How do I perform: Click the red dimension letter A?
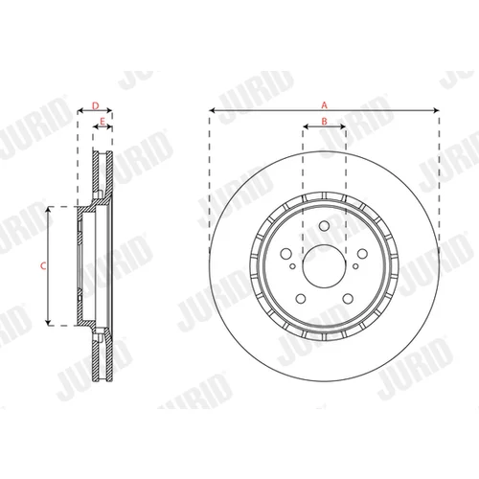pos(324,104)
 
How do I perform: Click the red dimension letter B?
pos(324,122)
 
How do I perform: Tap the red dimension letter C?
pos(43,265)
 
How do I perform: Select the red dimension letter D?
pos(95,105)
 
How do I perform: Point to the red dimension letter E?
pos(103,122)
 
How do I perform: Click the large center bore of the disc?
pos(324,266)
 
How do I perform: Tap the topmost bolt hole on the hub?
pos(324,226)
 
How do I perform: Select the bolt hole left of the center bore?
pos(285,254)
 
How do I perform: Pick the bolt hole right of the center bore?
pos(362,254)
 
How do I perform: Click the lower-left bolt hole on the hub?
pos(301,299)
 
